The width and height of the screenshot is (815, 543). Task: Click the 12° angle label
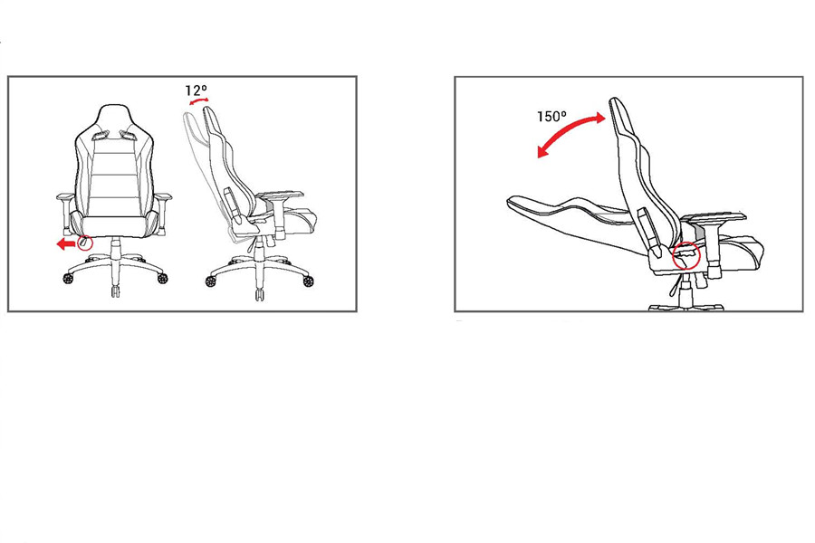point(196,90)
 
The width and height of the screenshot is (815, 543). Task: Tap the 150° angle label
point(551,117)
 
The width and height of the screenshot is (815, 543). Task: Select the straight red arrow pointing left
point(66,243)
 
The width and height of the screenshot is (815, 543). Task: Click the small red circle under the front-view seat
point(84,243)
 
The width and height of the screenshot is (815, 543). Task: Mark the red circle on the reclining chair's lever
point(686,255)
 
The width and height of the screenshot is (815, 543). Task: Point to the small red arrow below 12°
point(198,101)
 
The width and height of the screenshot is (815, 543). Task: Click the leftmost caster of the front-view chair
point(68,279)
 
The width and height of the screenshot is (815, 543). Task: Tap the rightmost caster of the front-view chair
point(163,278)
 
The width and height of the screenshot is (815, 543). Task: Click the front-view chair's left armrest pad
point(64,196)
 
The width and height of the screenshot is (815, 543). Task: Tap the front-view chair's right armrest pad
point(164,196)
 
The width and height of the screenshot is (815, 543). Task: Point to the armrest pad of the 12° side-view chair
point(281,195)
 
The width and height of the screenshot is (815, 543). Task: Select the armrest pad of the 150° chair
point(714,218)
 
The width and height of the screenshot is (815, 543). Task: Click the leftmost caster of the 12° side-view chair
point(210,281)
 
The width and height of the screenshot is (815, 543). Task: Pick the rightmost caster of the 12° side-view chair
point(308,281)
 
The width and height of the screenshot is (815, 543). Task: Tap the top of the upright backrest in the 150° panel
point(614,100)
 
